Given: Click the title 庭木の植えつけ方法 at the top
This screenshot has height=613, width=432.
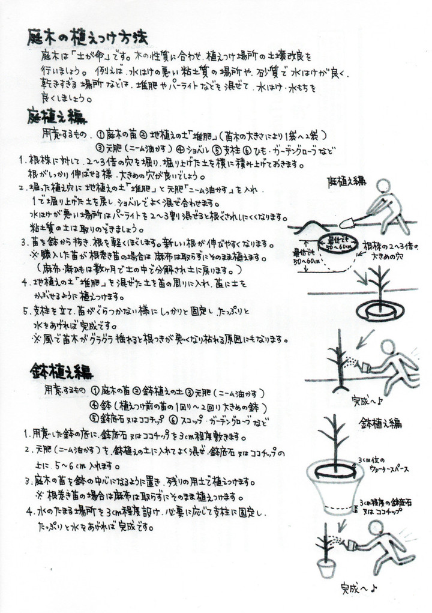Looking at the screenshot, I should coord(88,39).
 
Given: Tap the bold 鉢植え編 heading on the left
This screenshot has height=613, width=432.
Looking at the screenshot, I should coord(61,372).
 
